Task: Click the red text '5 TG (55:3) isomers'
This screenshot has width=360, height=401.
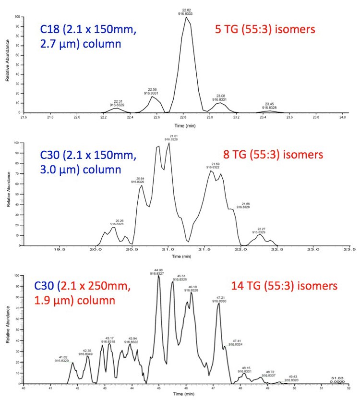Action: (x=264, y=29)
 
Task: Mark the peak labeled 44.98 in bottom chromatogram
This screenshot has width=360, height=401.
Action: (x=159, y=276)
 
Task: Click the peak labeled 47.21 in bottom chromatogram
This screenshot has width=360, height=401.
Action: (x=218, y=303)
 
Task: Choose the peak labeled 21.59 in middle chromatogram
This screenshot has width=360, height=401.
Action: (x=211, y=170)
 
